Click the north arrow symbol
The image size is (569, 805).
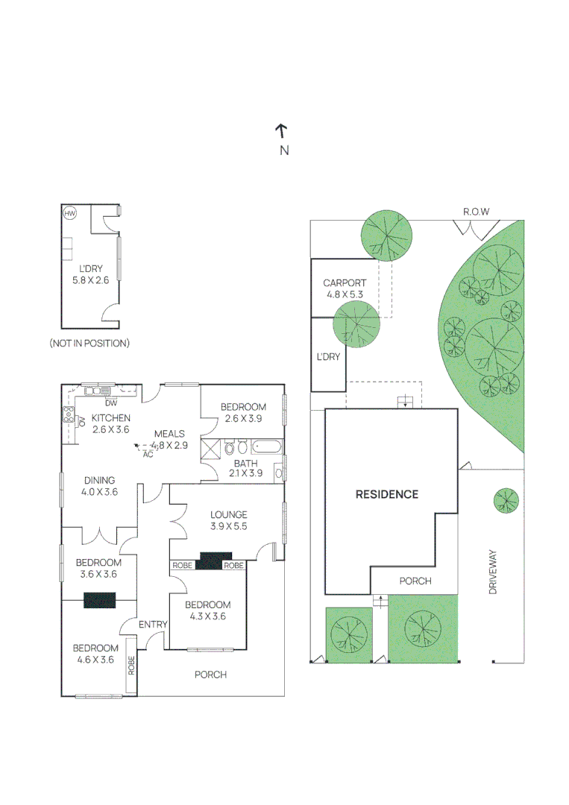[281, 132]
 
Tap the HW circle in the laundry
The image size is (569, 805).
[70, 214]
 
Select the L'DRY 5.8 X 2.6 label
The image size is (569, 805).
[90, 275]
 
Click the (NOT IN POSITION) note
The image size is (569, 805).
[89, 344]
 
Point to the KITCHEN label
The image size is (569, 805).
[111, 418]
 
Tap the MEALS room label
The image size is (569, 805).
[169, 433]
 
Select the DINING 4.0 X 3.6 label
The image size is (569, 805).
[99, 486]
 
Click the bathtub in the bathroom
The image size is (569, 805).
[267, 448]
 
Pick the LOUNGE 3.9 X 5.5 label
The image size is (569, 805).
[228, 520]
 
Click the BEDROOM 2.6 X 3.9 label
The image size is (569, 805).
[243, 412]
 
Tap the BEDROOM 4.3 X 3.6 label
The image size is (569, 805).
[207, 610]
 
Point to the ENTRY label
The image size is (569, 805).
[153, 623]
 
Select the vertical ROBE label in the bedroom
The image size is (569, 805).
[131, 665]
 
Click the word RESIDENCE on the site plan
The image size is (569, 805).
[386, 494]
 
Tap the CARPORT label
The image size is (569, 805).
[344, 288]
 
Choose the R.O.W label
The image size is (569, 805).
[476, 212]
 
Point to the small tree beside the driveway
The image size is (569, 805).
[506, 500]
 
